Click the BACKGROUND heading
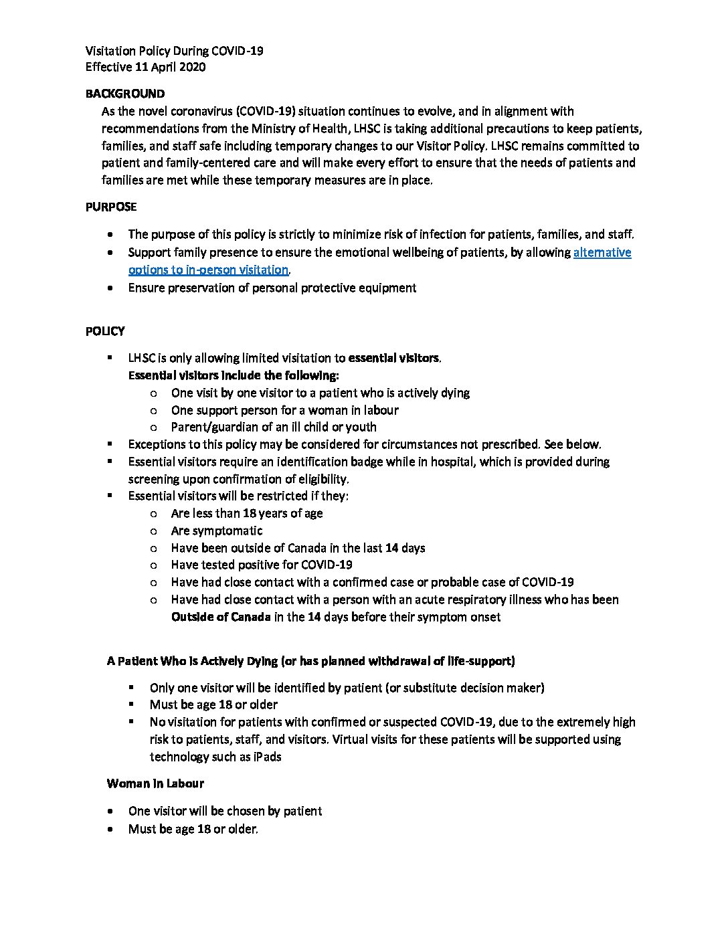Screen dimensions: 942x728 click(x=124, y=94)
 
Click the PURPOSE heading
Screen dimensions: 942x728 click(x=111, y=207)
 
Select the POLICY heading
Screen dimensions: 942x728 click(x=105, y=331)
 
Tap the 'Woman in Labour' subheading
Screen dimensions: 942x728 click(x=155, y=783)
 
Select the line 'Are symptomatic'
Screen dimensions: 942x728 click(x=217, y=531)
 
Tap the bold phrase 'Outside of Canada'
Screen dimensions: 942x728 click(x=221, y=617)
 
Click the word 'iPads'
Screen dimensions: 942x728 click(x=267, y=757)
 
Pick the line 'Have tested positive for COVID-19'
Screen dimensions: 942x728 click(x=262, y=565)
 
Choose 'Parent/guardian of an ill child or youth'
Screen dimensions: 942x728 click(x=274, y=427)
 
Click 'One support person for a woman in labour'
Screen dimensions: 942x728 click(x=284, y=410)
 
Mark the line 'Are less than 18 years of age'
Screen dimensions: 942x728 click(x=247, y=513)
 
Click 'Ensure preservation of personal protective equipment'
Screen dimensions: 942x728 click(x=272, y=288)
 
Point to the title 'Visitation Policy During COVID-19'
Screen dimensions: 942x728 click(x=174, y=51)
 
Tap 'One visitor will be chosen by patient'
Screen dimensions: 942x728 click(x=225, y=811)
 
